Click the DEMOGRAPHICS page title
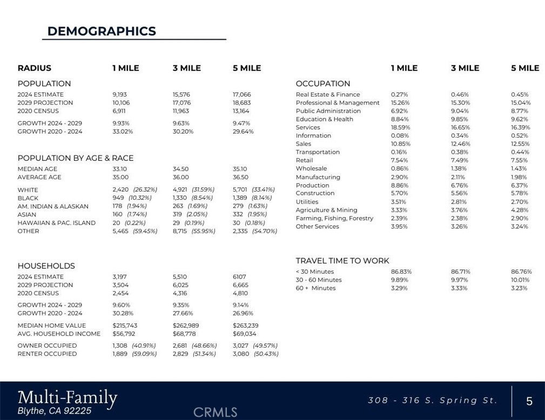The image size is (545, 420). [102, 31]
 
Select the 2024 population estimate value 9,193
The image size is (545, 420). [120, 94]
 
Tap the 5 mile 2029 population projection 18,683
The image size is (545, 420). [242, 103]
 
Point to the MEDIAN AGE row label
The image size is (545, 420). [37, 169]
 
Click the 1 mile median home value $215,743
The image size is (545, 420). [125, 326]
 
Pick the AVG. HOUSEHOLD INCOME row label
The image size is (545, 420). [59, 334]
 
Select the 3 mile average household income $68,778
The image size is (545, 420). [184, 334]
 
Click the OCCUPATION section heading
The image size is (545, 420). [323, 84]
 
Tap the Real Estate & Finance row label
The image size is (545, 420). [328, 94]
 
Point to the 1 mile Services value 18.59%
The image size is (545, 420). [400, 127]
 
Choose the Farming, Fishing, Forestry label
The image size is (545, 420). [334, 218]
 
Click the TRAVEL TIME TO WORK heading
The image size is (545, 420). [342, 261]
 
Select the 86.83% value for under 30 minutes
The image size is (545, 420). [400, 272]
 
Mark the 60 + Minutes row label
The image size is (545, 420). [315, 288]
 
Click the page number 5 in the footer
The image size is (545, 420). [529, 401]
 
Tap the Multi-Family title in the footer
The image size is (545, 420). [68, 398]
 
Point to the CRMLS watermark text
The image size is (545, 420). [215, 412]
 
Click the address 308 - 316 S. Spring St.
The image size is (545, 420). [432, 401]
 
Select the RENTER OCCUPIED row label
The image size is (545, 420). [47, 354]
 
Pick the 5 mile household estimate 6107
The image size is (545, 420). [239, 277]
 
